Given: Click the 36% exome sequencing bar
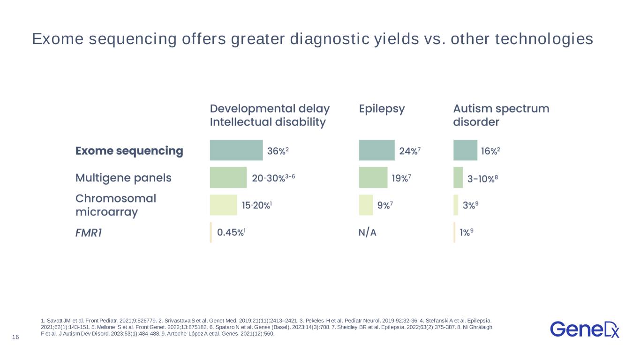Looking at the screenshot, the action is [236, 150].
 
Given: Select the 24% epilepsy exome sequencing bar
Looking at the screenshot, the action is [377, 150].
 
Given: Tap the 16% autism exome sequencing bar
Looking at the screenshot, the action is [466, 150].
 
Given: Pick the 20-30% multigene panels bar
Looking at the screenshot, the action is [228, 178].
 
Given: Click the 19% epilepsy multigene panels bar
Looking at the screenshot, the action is [373, 178].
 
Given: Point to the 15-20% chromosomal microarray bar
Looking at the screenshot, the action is [224, 205].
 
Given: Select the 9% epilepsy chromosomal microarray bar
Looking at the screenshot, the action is [366, 205].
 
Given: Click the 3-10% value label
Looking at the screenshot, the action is [482, 179].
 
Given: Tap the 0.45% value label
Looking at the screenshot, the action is [232, 232].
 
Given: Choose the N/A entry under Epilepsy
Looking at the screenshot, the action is [368, 232].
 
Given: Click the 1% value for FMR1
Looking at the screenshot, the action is [466, 232].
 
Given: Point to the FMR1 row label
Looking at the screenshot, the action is [89, 233].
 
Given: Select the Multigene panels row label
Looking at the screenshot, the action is [123, 178].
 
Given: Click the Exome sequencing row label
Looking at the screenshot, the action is [129, 151].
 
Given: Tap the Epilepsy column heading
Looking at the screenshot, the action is [382, 109].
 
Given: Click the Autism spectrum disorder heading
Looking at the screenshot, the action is [501, 115].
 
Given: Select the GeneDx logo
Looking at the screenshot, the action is [585, 330].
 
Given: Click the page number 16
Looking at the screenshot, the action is [15, 337].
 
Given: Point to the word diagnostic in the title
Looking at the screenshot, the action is [330, 39].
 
